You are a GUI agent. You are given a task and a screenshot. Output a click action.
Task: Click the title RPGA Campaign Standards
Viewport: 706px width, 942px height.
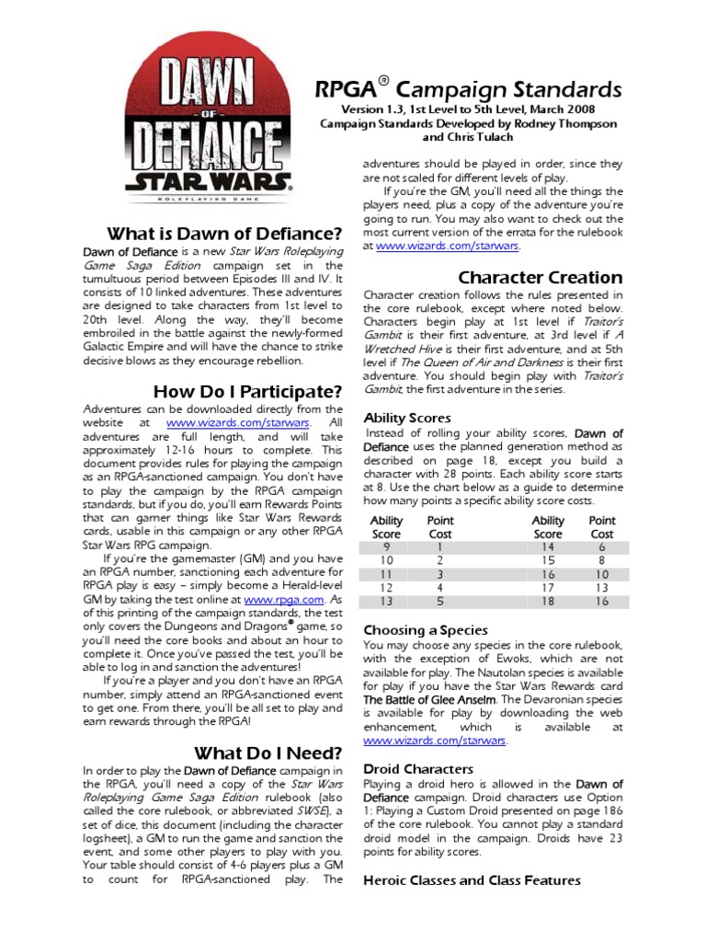click(x=469, y=89)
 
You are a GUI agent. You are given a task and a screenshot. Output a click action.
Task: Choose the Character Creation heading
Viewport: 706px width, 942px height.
click(x=541, y=277)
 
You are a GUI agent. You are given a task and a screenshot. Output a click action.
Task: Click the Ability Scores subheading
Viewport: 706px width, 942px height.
click(x=407, y=418)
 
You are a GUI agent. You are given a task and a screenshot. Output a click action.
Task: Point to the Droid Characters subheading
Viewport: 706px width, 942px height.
click(x=419, y=768)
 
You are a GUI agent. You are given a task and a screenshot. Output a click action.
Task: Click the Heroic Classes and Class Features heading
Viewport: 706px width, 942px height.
click(x=473, y=880)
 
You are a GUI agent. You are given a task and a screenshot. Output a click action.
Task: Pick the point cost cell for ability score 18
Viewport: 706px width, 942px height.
click(x=602, y=601)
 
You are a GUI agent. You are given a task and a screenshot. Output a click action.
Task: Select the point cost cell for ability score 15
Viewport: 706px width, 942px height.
click(x=602, y=559)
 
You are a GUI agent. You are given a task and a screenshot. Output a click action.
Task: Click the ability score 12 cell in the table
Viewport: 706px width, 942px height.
click(x=386, y=587)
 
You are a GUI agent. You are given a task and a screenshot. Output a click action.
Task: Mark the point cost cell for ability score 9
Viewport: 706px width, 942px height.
click(x=439, y=546)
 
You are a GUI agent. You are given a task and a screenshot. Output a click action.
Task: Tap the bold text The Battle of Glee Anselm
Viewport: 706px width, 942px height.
click(x=429, y=700)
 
